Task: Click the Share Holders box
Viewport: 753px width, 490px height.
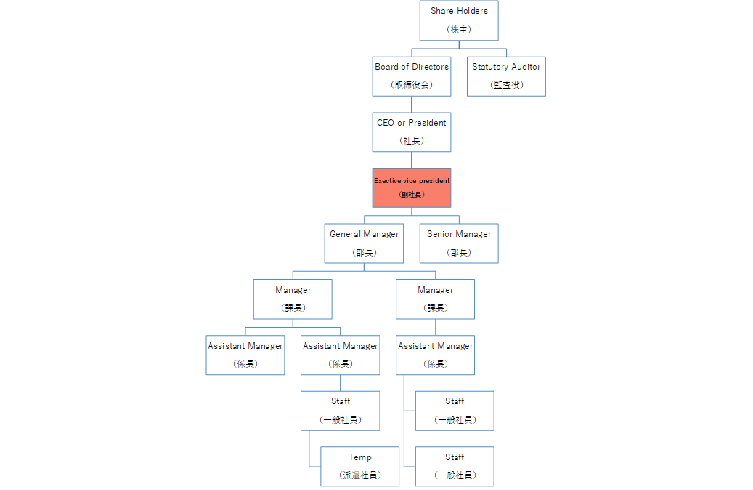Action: click(459, 20)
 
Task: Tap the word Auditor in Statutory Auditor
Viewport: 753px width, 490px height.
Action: click(526, 67)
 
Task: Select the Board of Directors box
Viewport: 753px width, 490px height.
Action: click(412, 76)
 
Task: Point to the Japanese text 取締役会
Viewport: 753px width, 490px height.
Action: click(412, 84)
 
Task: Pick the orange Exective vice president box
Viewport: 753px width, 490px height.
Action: click(412, 188)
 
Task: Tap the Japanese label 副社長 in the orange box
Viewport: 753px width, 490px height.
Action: click(412, 195)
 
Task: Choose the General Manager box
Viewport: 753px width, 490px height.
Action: click(364, 244)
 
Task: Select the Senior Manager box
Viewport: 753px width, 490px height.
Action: click(459, 244)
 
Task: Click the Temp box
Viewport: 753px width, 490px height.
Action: click(359, 467)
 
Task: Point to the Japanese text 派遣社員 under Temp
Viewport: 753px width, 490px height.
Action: click(360, 475)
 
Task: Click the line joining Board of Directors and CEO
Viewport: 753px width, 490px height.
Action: click(411, 105)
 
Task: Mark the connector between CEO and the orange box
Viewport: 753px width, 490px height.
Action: click(411, 160)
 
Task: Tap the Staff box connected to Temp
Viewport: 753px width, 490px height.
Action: click(341, 411)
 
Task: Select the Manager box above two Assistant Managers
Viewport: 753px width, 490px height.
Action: click(293, 299)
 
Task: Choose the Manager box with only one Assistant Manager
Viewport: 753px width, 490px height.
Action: click(435, 299)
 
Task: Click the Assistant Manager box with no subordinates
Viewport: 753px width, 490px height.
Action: click(245, 355)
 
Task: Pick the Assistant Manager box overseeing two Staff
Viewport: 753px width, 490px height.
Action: click(435, 355)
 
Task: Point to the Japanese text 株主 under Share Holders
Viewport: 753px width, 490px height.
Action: click(459, 29)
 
